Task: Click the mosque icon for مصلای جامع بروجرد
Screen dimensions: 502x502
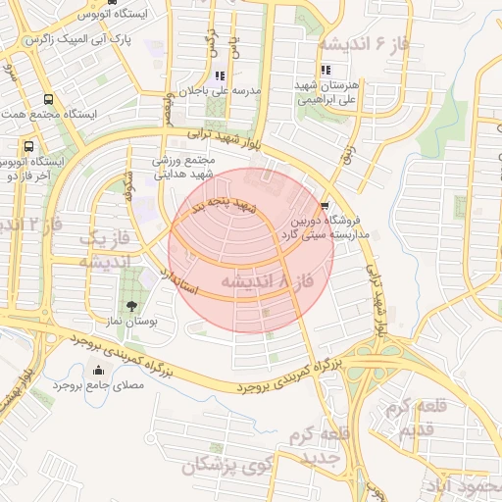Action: [x=97, y=371]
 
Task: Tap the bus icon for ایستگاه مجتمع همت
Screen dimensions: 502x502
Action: [x=49, y=99]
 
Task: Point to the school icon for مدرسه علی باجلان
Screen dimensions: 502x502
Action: [x=219, y=75]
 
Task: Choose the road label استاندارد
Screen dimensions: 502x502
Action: [x=176, y=279]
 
